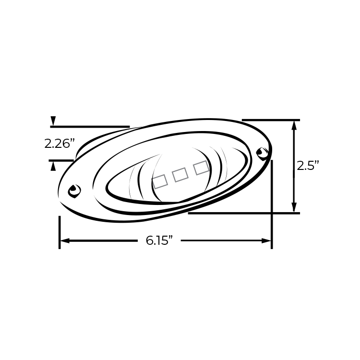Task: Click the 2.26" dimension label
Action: pyautogui.click(x=60, y=144)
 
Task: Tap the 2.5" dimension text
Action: pyautogui.click(x=308, y=166)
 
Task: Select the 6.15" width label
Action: pyautogui.click(x=159, y=240)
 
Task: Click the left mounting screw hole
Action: pyautogui.click(x=74, y=191)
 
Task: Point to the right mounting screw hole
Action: pyautogui.click(x=262, y=154)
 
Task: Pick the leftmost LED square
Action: pyautogui.click(x=160, y=181)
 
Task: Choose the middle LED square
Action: pyautogui.click(x=180, y=175)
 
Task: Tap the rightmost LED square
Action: pyautogui.click(x=201, y=168)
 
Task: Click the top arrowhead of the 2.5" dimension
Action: pyautogui.click(x=294, y=125)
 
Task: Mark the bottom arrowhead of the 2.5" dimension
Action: pyautogui.click(x=294, y=208)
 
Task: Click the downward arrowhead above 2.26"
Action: pyautogui.click(x=53, y=121)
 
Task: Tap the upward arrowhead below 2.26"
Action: pyautogui.click(x=53, y=166)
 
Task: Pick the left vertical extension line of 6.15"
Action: pyautogui.click(x=60, y=232)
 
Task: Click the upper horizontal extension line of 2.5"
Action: pyautogui.click(x=271, y=120)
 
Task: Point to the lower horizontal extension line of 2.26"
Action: pyautogui.click(x=61, y=160)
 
